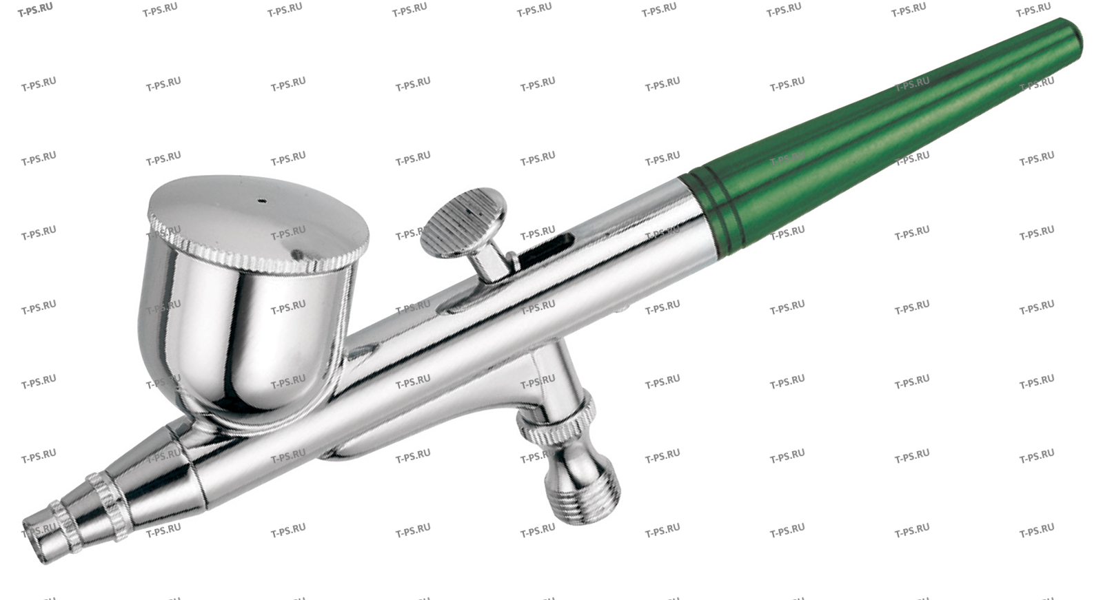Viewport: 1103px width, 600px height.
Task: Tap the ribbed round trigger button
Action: [x=464, y=222]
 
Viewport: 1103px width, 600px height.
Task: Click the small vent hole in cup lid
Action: [x=263, y=201]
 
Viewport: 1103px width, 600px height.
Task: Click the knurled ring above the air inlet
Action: [x=556, y=423]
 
